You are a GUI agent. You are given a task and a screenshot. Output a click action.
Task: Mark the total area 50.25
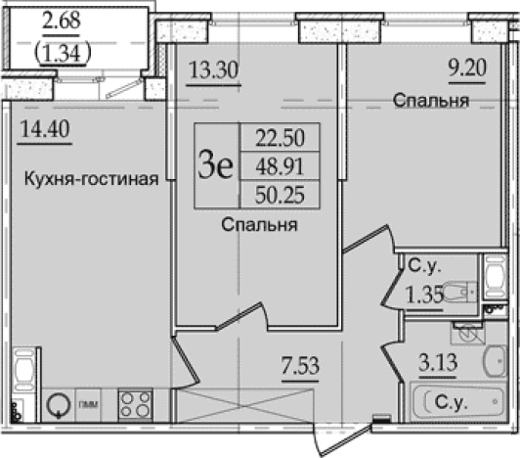[x=273, y=196]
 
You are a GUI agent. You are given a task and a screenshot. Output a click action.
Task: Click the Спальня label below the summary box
[x=259, y=226]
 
